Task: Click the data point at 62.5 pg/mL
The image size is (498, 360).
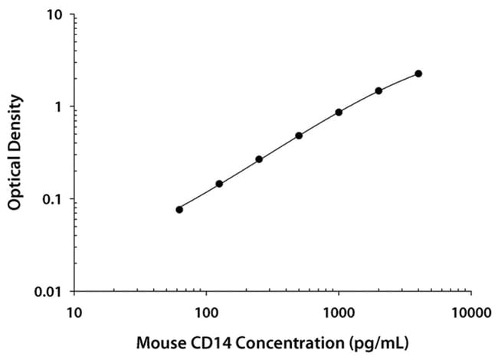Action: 179,209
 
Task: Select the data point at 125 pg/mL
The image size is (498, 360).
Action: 219,184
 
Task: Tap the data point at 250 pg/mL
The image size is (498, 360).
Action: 259,159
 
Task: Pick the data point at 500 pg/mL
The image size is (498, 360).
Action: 299,136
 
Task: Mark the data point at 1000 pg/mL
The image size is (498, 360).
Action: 339,112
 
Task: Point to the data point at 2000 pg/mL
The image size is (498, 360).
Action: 378,90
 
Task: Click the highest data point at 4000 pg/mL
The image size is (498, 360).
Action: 418,74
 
